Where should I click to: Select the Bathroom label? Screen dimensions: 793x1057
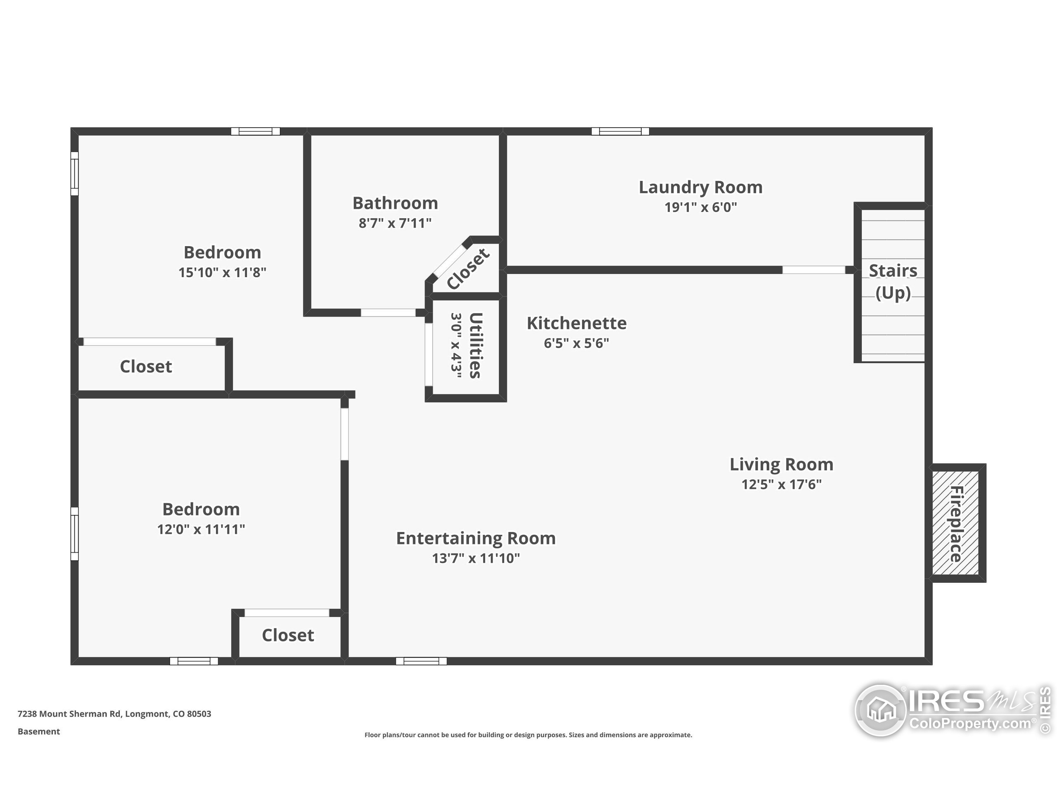tap(395, 203)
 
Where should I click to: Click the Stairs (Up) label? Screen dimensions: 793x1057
tap(892, 282)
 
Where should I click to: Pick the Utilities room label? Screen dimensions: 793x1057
tap(475, 345)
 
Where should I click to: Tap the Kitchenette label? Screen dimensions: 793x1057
tap(576, 323)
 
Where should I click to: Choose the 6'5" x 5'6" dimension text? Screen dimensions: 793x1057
tap(576, 343)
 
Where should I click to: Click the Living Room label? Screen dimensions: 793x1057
tap(781, 464)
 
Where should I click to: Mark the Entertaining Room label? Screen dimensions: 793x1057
tap(476, 538)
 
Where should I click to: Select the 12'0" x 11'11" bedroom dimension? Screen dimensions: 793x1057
tap(201, 529)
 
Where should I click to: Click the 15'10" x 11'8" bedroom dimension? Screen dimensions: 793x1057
tap(222, 273)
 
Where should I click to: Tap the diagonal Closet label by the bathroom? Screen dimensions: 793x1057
tap(467, 268)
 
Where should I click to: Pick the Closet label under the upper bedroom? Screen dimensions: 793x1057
tap(146, 367)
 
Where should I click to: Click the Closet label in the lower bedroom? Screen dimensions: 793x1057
tap(288, 635)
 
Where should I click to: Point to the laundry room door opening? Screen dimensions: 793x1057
tap(813, 270)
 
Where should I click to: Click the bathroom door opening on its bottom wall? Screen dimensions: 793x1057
tap(388, 313)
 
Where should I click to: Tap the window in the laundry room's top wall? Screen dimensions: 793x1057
tap(620, 131)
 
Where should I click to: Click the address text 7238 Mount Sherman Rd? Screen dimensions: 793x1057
tap(114, 714)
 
